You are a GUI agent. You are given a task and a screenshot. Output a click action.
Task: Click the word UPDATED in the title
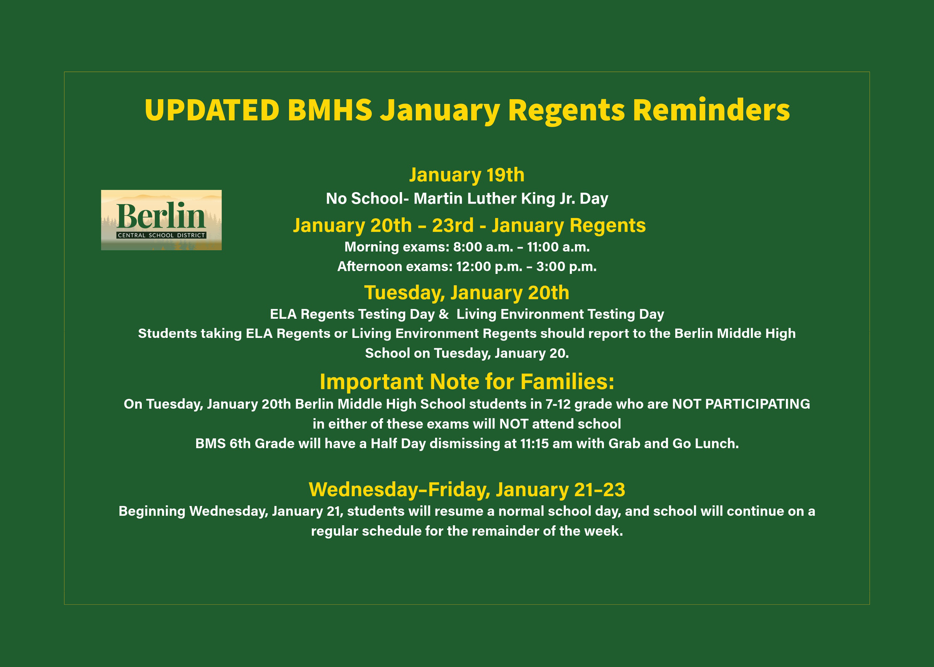pyautogui.click(x=212, y=110)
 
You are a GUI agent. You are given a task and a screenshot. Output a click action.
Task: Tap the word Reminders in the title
pyautogui.click(x=711, y=110)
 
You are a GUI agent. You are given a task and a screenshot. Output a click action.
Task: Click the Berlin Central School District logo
pyautogui.click(x=161, y=220)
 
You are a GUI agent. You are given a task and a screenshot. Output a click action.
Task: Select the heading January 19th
pyautogui.click(x=467, y=175)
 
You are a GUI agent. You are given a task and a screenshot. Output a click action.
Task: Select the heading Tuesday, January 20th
pyautogui.click(x=467, y=293)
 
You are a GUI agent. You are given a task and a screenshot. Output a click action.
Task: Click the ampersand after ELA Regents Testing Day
pyautogui.click(x=443, y=314)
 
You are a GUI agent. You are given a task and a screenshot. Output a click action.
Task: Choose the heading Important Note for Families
pyautogui.click(x=467, y=382)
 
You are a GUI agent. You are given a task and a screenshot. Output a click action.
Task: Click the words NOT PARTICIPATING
pyautogui.click(x=741, y=404)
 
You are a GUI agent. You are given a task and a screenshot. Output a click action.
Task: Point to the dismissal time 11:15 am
pyautogui.click(x=546, y=443)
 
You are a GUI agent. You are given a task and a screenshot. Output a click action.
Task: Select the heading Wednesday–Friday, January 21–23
pyautogui.click(x=467, y=489)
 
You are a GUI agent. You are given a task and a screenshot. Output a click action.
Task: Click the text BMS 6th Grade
pyautogui.click(x=245, y=443)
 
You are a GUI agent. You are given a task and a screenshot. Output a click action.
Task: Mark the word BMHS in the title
pyautogui.click(x=330, y=110)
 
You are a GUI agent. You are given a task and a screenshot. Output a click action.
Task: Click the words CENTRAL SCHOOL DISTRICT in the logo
pyautogui.click(x=161, y=235)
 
